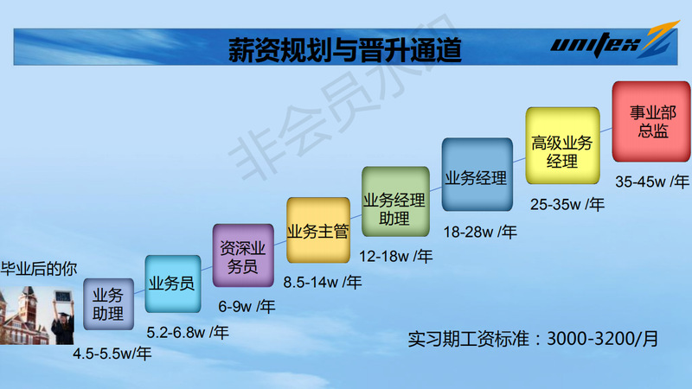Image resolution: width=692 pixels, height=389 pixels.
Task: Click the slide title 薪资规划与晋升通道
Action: pyautogui.click(x=344, y=49)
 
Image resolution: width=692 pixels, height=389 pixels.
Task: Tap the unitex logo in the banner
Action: pyautogui.click(x=613, y=41)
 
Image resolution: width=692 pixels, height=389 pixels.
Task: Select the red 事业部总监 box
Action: pyautogui.click(x=651, y=121)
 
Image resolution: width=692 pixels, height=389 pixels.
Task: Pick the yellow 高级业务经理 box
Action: pyautogui.click(x=563, y=145)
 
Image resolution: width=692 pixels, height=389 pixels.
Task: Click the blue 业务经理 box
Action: pyautogui.click(x=477, y=175)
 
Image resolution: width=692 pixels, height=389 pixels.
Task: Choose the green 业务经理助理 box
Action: pyautogui.click(x=395, y=201)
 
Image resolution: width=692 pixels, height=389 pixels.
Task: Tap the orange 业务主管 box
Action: pyautogui.click(x=318, y=230)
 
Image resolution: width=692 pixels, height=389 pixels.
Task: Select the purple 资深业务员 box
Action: pyautogui.click(x=243, y=255)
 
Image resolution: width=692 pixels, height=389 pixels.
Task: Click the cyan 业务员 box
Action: pyautogui.click(x=172, y=284)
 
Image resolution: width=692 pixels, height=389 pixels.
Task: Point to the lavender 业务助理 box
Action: pyautogui.click(x=109, y=304)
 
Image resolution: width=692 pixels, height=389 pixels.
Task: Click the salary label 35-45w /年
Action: pyautogui.click(x=652, y=182)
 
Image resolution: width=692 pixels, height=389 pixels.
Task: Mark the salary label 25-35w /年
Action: pyautogui.click(x=567, y=204)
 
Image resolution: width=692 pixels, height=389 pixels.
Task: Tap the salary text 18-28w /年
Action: pyautogui.click(x=480, y=232)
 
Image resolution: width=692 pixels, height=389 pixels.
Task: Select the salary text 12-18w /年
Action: pyautogui.click(x=395, y=256)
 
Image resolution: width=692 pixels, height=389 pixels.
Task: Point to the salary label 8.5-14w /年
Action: pyautogui.click(x=322, y=283)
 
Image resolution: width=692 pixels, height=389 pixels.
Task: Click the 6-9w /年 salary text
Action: pyautogui.click(x=247, y=307)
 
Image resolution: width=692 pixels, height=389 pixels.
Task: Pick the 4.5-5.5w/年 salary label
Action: pyautogui.click(x=112, y=354)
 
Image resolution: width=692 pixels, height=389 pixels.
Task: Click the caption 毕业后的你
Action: pyautogui.click(x=39, y=269)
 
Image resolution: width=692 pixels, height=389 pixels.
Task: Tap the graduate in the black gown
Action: pyautogui.click(x=62, y=318)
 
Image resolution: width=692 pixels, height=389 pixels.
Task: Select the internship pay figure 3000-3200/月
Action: pyautogui.click(x=602, y=339)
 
